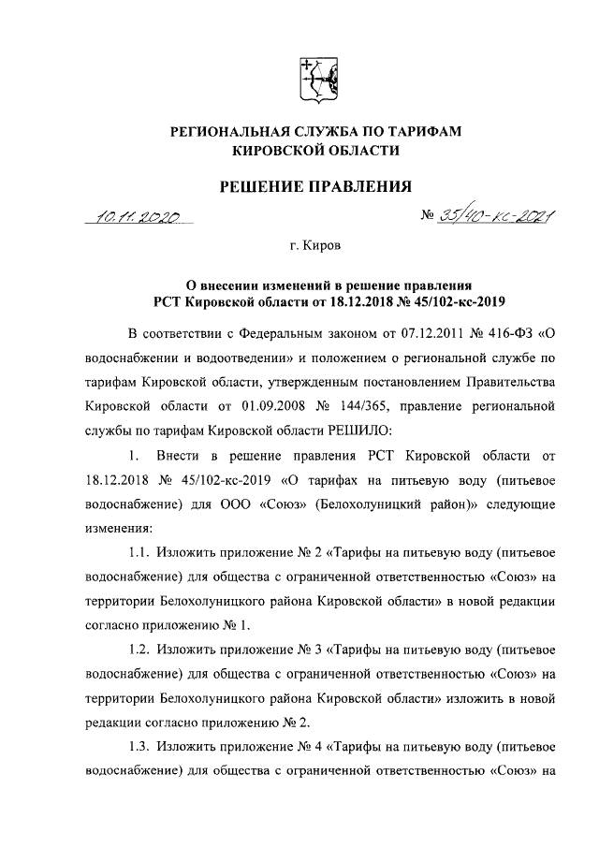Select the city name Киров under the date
pos(321,247)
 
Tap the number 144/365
pos(409,406)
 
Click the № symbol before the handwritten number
pos(431,216)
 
